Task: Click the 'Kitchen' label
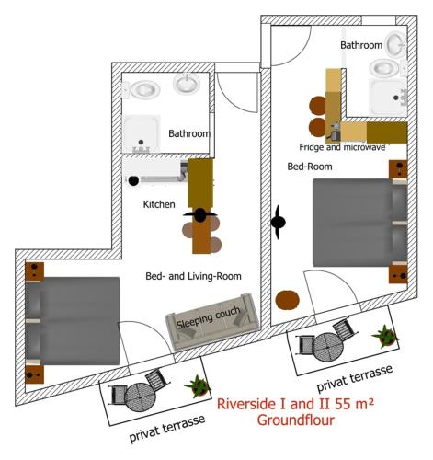pyautogui.click(x=159, y=204)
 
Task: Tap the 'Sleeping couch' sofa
pyautogui.click(x=212, y=321)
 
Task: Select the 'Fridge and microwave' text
pyautogui.click(x=342, y=147)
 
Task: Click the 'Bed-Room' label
pyautogui.click(x=310, y=167)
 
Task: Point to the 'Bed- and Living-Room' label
pyautogui.click(x=193, y=276)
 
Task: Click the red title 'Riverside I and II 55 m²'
pyautogui.click(x=295, y=404)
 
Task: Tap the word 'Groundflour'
pyautogui.click(x=295, y=420)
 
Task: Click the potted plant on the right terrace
pyautogui.click(x=385, y=336)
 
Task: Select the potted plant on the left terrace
pyautogui.click(x=198, y=385)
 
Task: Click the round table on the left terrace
pyautogui.click(x=140, y=397)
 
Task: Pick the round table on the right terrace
pyautogui.click(x=328, y=348)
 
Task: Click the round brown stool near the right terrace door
pyautogui.click(x=287, y=300)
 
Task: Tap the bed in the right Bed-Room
pyautogui.click(x=360, y=223)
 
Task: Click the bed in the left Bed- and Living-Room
pyautogui.click(x=73, y=321)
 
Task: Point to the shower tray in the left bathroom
pyautogui.click(x=142, y=134)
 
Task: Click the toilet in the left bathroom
pyautogui.click(x=142, y=90)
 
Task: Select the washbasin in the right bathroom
pyautogui.click(x=397, y=43)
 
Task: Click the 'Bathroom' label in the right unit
pyautogui.click(x=361, y=45)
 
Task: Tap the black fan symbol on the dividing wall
pyautogui.click(x=278, y=222)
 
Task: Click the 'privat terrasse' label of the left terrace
pyautogui.click(x=167, y=429)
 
